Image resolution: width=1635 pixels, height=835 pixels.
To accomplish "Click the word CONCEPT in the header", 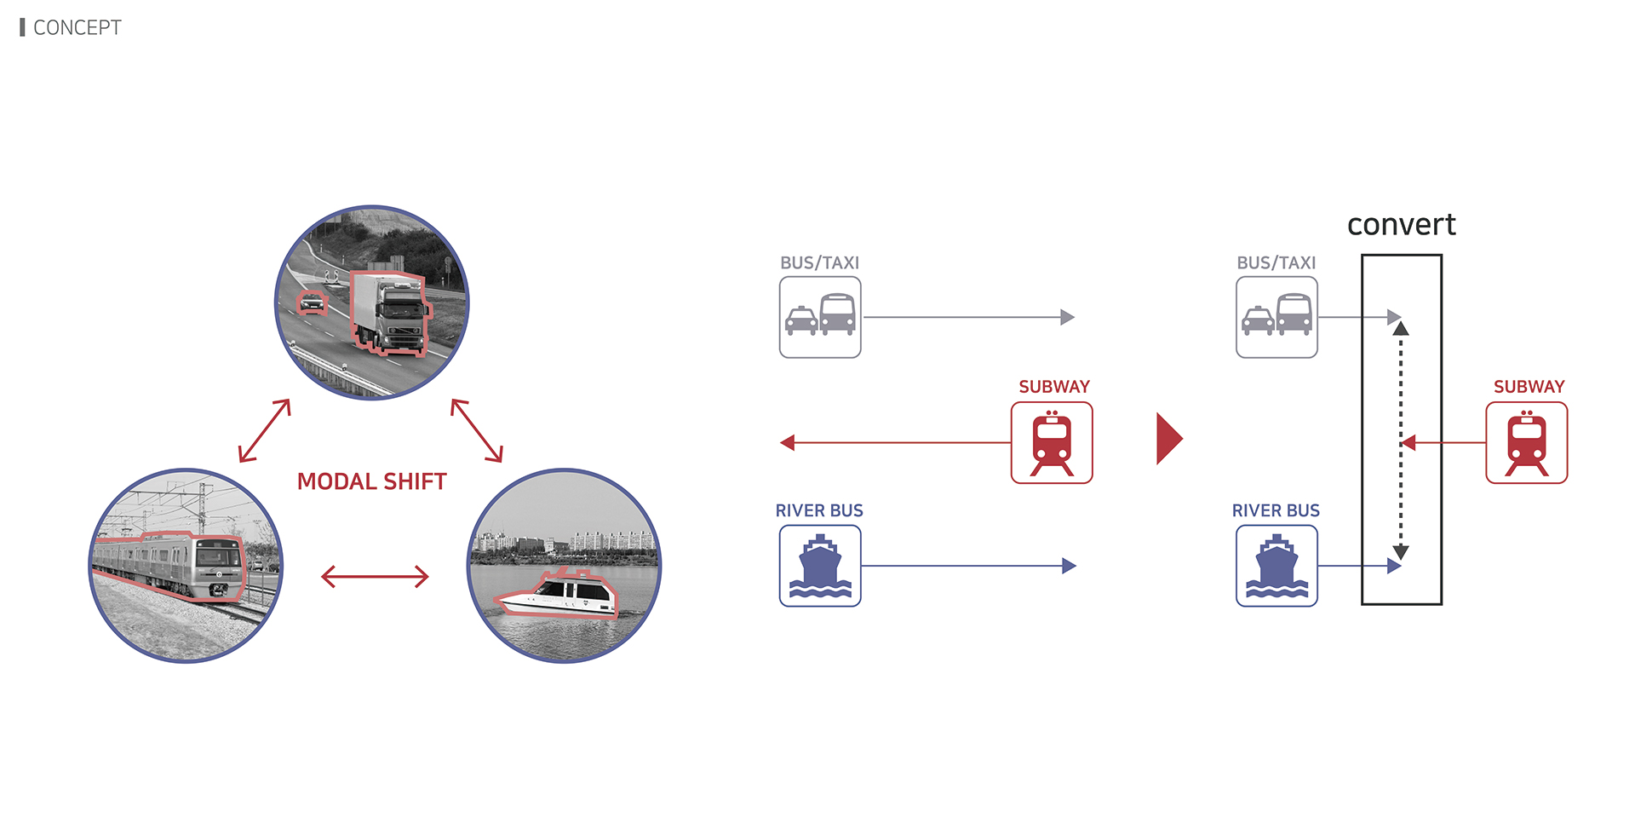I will pyautogui.click(x=77, y=28).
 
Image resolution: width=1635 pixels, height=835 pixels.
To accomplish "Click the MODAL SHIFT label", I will pyautogui.click(x=371, y=481).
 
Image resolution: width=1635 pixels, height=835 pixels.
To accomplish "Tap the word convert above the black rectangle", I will pyautogui.click(x=1401, y=225).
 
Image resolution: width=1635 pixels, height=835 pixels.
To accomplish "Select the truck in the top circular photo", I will pyautogui.click(x=390, y=314).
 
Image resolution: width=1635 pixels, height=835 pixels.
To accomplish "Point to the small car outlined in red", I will pyautogui.click(x=313, y=302).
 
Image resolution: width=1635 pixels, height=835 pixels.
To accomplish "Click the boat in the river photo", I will pyautogui.click(x=560, y=595).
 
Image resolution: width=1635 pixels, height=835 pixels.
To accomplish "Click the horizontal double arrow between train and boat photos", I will pyautogui.click(x=375, y=577).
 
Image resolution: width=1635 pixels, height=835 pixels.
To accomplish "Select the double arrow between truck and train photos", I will pyautogui.click(x=265, y=430).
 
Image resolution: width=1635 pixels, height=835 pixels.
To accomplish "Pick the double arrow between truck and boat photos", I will pyautogui.click(x=477, y=430).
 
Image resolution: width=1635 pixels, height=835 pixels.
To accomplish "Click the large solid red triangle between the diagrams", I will pyautogui.click(x=1168, y=439).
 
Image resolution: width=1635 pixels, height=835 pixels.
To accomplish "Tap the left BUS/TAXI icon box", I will pyautogui.click(x=820, y=317).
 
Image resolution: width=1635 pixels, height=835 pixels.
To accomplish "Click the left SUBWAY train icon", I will pyautogui.click(x=1052, y=443).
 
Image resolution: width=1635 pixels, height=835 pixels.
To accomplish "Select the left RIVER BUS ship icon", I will pyautogui.click(x=820, y=566).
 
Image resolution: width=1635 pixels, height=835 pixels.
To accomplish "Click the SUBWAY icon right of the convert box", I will pyautogui.click(x=1526, y=443).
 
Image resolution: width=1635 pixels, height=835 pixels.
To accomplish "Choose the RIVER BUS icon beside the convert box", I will pyautogui.click(x=1276, y=566).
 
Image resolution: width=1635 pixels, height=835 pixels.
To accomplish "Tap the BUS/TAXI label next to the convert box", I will pyautogui.click(x=1276, y=263).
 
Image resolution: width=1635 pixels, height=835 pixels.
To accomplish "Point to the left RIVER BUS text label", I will pyautogui.click(x=819, y=511).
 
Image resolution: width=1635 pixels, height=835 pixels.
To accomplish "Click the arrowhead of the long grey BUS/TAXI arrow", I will pyautogui.click(x=1068, y=317).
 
